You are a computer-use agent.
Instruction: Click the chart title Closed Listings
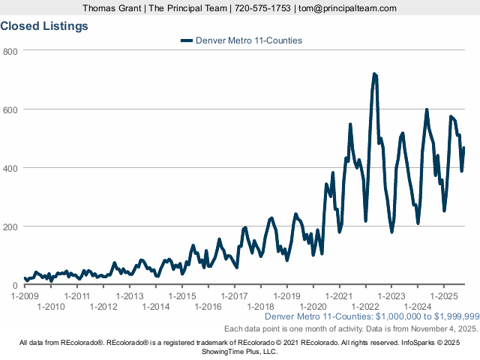(44, 25)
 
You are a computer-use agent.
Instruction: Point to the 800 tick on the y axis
(10, 51)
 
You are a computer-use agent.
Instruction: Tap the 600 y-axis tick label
(10, 109)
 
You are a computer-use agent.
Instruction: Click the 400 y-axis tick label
(10, 168)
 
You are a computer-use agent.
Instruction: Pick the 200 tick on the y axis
(10, 226)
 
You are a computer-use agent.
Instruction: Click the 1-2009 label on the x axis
(25, 295)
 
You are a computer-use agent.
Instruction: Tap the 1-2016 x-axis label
(208, 306)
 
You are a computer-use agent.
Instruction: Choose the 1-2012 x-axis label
(103, 306)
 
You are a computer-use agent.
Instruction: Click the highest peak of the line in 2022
(374, 73)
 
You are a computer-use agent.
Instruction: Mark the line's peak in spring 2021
(350, 124)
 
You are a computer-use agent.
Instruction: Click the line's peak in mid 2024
(427, 110)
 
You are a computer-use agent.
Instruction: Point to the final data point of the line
(464, 148)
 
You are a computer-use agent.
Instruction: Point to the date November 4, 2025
(442, 328)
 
